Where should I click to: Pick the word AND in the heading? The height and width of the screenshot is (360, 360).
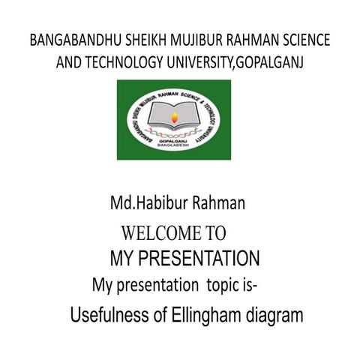click(70, 62)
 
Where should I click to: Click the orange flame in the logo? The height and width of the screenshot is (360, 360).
click(175, 116)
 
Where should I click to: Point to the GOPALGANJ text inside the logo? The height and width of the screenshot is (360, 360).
click(175, 140)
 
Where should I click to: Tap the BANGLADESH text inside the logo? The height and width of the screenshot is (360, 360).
click(175, 147)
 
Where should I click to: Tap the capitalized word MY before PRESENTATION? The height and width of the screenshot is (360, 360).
click(121, 259)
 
